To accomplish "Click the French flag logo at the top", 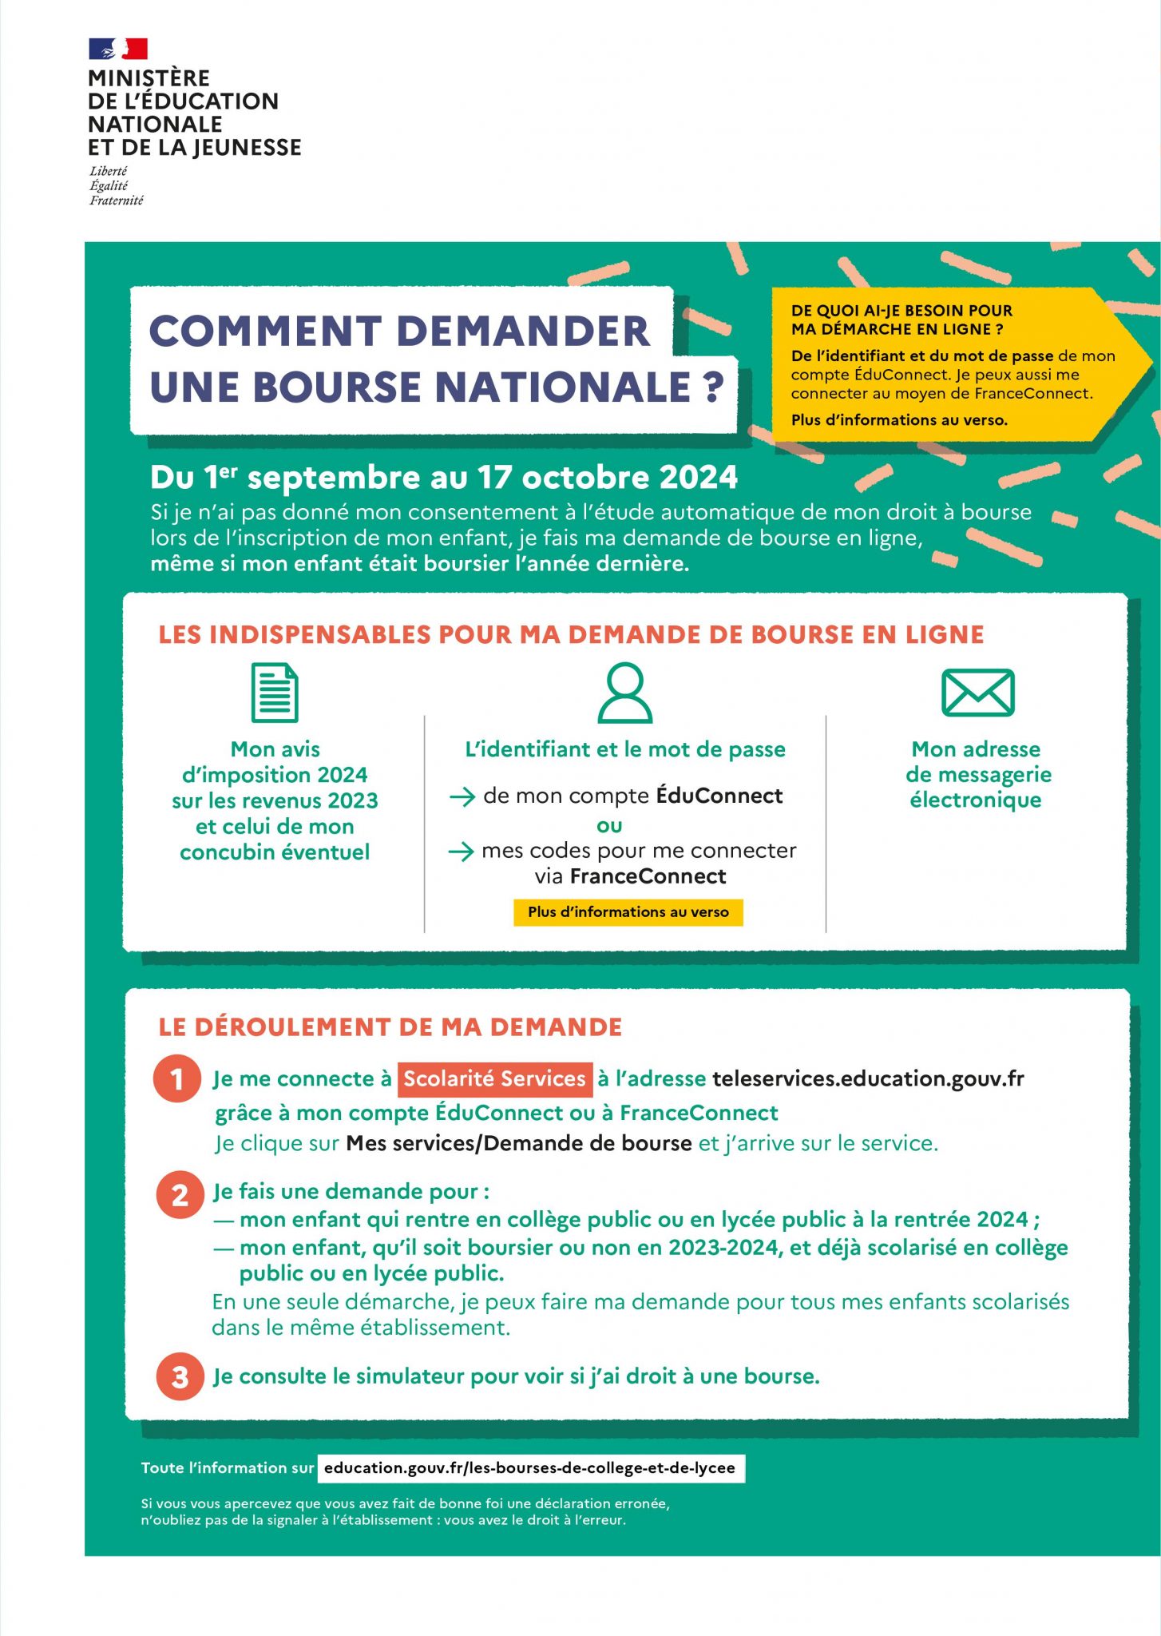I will pyautogui.click(x=118, y=49).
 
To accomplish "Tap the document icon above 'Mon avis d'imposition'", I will pyautogui.click(x=275, y=693).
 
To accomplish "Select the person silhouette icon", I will pyautogui.click(x=625, y=693).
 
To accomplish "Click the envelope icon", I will pyautogui.click(x=977, y=693).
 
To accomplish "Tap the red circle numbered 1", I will pyautogui.click(x=177, y=1078).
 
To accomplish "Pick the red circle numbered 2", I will pyautogui.click(x=180, y=1195).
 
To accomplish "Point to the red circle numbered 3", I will pyautogui.click(x=180, y=1376).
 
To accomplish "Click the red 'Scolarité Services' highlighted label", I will pyautogui.click(x=495, y=1078).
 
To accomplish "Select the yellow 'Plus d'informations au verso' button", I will pyautogui.click(x=628, y=911).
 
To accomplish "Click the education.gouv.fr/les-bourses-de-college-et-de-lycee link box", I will pyautogui.click(x=530, y=1467).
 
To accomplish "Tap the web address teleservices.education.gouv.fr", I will pyautogui.click(x=868, y=1078).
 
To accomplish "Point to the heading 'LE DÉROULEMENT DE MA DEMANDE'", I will pyautogui.click(x=390, y=1026).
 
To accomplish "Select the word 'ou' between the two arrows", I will pyautogui.click(x=609, y=824).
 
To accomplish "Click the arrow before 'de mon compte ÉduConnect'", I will pyautogui.click(x=462, y=796).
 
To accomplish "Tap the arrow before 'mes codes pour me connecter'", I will pyautogui.click(x=462, y=852).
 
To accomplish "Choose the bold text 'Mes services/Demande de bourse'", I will pyautogui.click(x=519, y=1143).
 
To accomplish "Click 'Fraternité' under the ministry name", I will pyautogui.click(x=117, y=201).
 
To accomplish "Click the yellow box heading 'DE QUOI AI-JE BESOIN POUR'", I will pyautogui.click(x=901, y=310).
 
